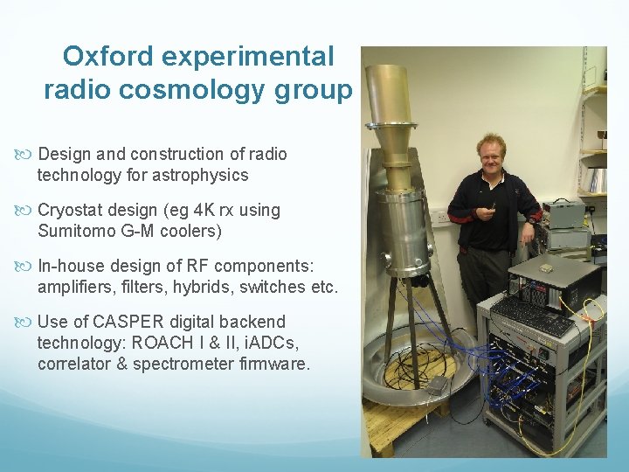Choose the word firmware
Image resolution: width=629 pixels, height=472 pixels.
273,363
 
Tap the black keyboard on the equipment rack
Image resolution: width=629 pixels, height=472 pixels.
534,320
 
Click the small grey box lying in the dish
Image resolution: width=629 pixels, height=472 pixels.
432,385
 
